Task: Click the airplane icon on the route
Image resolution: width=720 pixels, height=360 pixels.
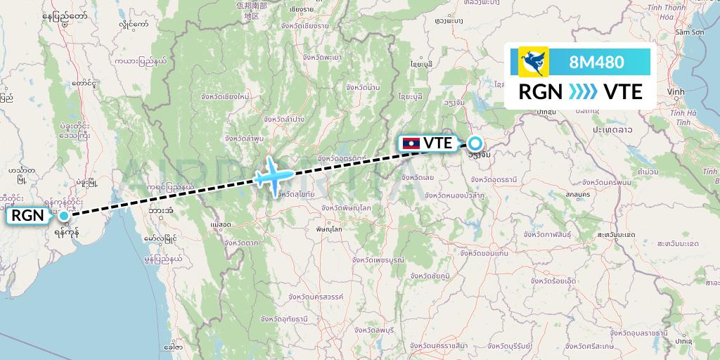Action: [271, 176]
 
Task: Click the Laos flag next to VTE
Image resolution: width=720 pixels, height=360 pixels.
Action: [410, 143]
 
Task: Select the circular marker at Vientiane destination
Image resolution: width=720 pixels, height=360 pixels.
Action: [475, 143]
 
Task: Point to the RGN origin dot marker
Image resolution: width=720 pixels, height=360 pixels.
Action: [64, 216]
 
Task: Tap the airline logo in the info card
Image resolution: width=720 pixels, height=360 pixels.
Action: [533, 62]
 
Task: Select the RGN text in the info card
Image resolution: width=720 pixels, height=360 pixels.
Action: [539, 92]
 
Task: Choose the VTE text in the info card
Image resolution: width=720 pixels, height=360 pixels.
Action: [623, 92]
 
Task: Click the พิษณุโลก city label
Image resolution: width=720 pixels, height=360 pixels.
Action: [329, 230]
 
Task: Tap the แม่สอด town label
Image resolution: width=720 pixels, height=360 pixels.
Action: [220, 225]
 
